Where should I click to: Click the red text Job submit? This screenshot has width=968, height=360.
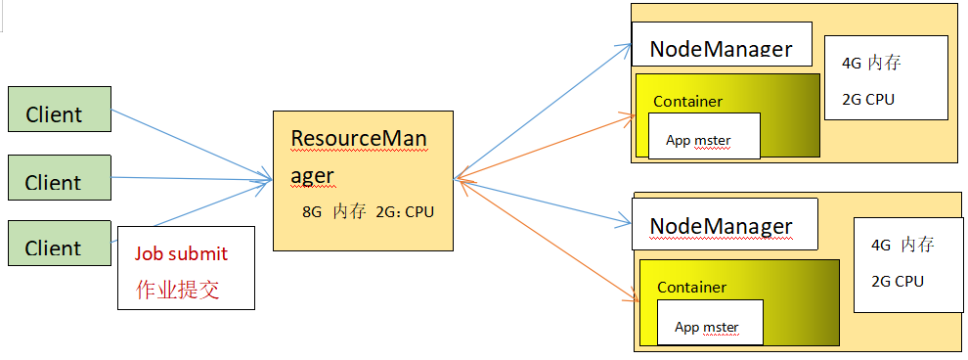(181, 253)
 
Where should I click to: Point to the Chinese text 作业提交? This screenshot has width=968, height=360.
(177, 290)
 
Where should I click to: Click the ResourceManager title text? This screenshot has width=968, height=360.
(359, 157)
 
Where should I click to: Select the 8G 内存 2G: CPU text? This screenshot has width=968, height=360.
(368, 210)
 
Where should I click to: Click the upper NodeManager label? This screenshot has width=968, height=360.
(722, 49)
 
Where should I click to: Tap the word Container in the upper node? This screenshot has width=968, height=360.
(687, 101)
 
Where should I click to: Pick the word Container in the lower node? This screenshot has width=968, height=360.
(691, 287)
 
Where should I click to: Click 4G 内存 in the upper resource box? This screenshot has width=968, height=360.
(871, 64)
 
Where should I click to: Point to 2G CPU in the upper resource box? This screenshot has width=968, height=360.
(868, 99)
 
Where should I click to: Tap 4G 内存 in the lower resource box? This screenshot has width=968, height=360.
(902, 245)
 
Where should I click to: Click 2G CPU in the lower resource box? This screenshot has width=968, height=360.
(897, 281)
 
